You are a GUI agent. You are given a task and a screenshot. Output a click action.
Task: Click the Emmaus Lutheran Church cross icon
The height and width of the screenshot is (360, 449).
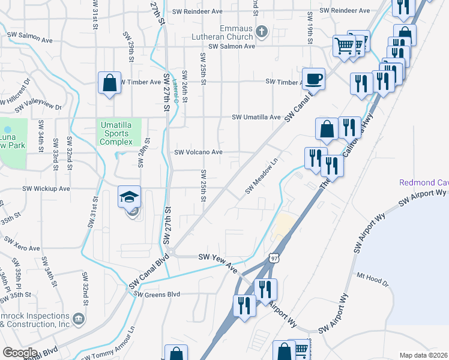click(x=261, y=31)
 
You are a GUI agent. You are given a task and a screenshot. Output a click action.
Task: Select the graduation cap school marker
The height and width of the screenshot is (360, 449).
click(x=129, y=199)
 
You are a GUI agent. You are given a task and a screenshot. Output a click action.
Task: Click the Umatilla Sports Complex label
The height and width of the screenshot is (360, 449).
click(x=119, y=133)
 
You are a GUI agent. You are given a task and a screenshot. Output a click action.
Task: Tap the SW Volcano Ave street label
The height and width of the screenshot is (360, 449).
click(x=198, y=152)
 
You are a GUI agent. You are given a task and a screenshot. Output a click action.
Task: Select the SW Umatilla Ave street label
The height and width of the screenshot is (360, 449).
click(x=256, y=118)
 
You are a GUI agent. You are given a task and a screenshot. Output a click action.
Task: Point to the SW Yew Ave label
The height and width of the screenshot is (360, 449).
click(x=218, y=262)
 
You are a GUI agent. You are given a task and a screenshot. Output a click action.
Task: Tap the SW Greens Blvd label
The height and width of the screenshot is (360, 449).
click(x=157, y=294)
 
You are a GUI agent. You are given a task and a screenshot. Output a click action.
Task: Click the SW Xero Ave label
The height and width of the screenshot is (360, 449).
click(x=22, y=244)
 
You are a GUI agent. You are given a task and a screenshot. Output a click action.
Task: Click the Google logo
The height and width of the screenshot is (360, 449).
click(x=20, y=352)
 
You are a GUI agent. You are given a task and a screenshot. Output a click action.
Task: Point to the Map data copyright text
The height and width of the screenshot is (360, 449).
click(x=423, y=355)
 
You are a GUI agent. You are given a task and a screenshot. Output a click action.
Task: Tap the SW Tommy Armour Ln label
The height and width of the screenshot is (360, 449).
click(x=108, y=349)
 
